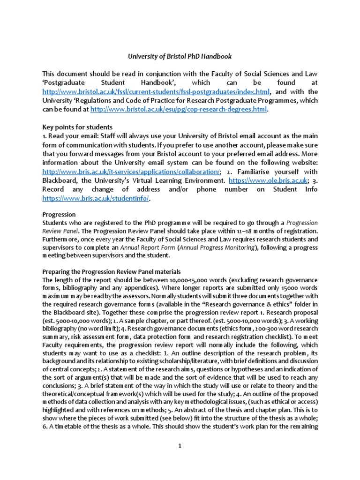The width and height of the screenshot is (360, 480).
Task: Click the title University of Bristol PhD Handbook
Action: [180, 56]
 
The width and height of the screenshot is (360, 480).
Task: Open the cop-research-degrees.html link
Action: [178, 109]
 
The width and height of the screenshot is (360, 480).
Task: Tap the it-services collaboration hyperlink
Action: [130, 171]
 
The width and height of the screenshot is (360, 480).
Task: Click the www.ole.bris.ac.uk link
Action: [268, 180]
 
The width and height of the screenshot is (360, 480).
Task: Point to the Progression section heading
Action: [59, 214]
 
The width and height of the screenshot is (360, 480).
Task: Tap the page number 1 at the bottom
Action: [180, 446]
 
